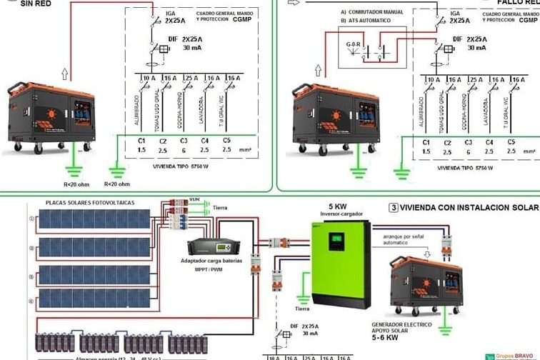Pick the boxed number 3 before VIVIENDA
coord(394,208)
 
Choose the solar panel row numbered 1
coord(94,219)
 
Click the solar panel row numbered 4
coord(94,298)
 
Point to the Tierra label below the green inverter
coord(302,309)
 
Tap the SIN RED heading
coord(16,3)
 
